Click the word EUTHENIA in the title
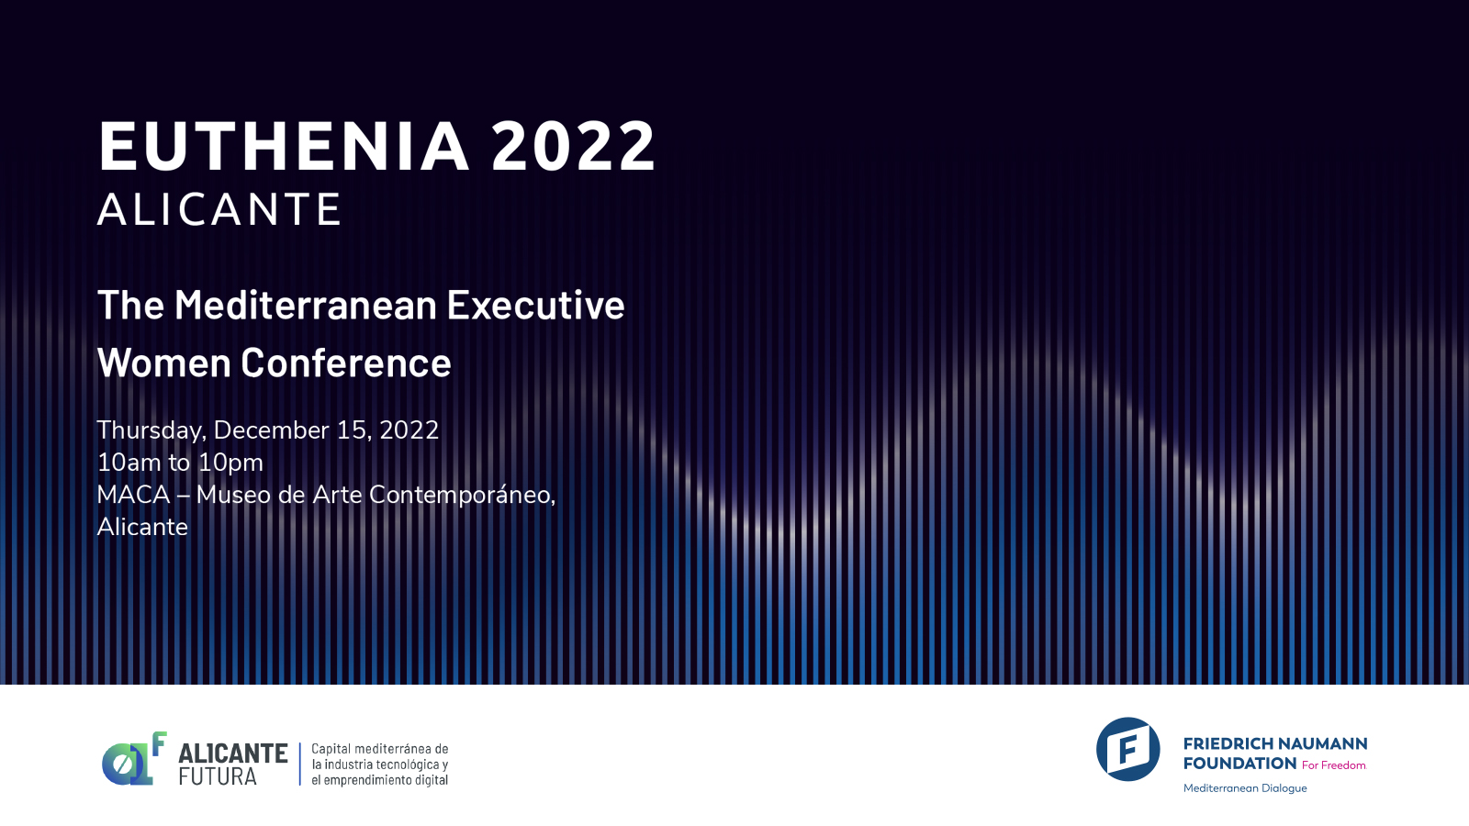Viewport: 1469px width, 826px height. (x=284, y=146)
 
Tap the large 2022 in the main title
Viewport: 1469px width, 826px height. (x=573, y=146)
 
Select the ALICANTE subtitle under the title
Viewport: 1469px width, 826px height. (x=219, y=209)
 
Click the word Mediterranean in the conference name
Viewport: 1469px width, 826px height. (x=306, y=305)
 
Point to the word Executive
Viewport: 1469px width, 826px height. (x=536, y=305)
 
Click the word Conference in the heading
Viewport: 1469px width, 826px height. (x=346, y=362)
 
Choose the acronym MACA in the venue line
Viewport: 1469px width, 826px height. (x=133, y=495)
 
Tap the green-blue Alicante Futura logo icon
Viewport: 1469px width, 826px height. (x=134, y=758)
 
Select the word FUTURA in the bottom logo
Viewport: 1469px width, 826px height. (x=217, y=776)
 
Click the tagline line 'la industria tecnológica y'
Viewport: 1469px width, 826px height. (x=380, y=765)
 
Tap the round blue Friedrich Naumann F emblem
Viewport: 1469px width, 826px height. (x=1128, y=749)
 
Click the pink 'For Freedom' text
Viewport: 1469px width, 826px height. (x=1334, y=765)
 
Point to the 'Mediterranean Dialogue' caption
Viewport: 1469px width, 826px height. (x=1245, y=788)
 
